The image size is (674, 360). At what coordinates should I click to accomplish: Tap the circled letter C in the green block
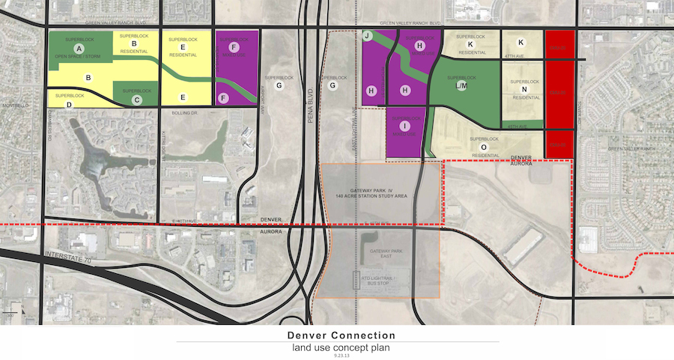[x=136, y=99]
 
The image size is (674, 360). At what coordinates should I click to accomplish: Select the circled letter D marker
[x=69, y=105]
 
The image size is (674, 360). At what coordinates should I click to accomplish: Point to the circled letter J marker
[x=368, y=36]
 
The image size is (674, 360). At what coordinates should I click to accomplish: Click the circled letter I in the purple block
[x=404, y=126]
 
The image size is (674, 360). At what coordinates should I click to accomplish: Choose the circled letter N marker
[x=524, y=90]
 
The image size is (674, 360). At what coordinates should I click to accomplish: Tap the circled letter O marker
[x=483, y=147]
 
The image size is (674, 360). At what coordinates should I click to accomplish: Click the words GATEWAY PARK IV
[x=371, y=191]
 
